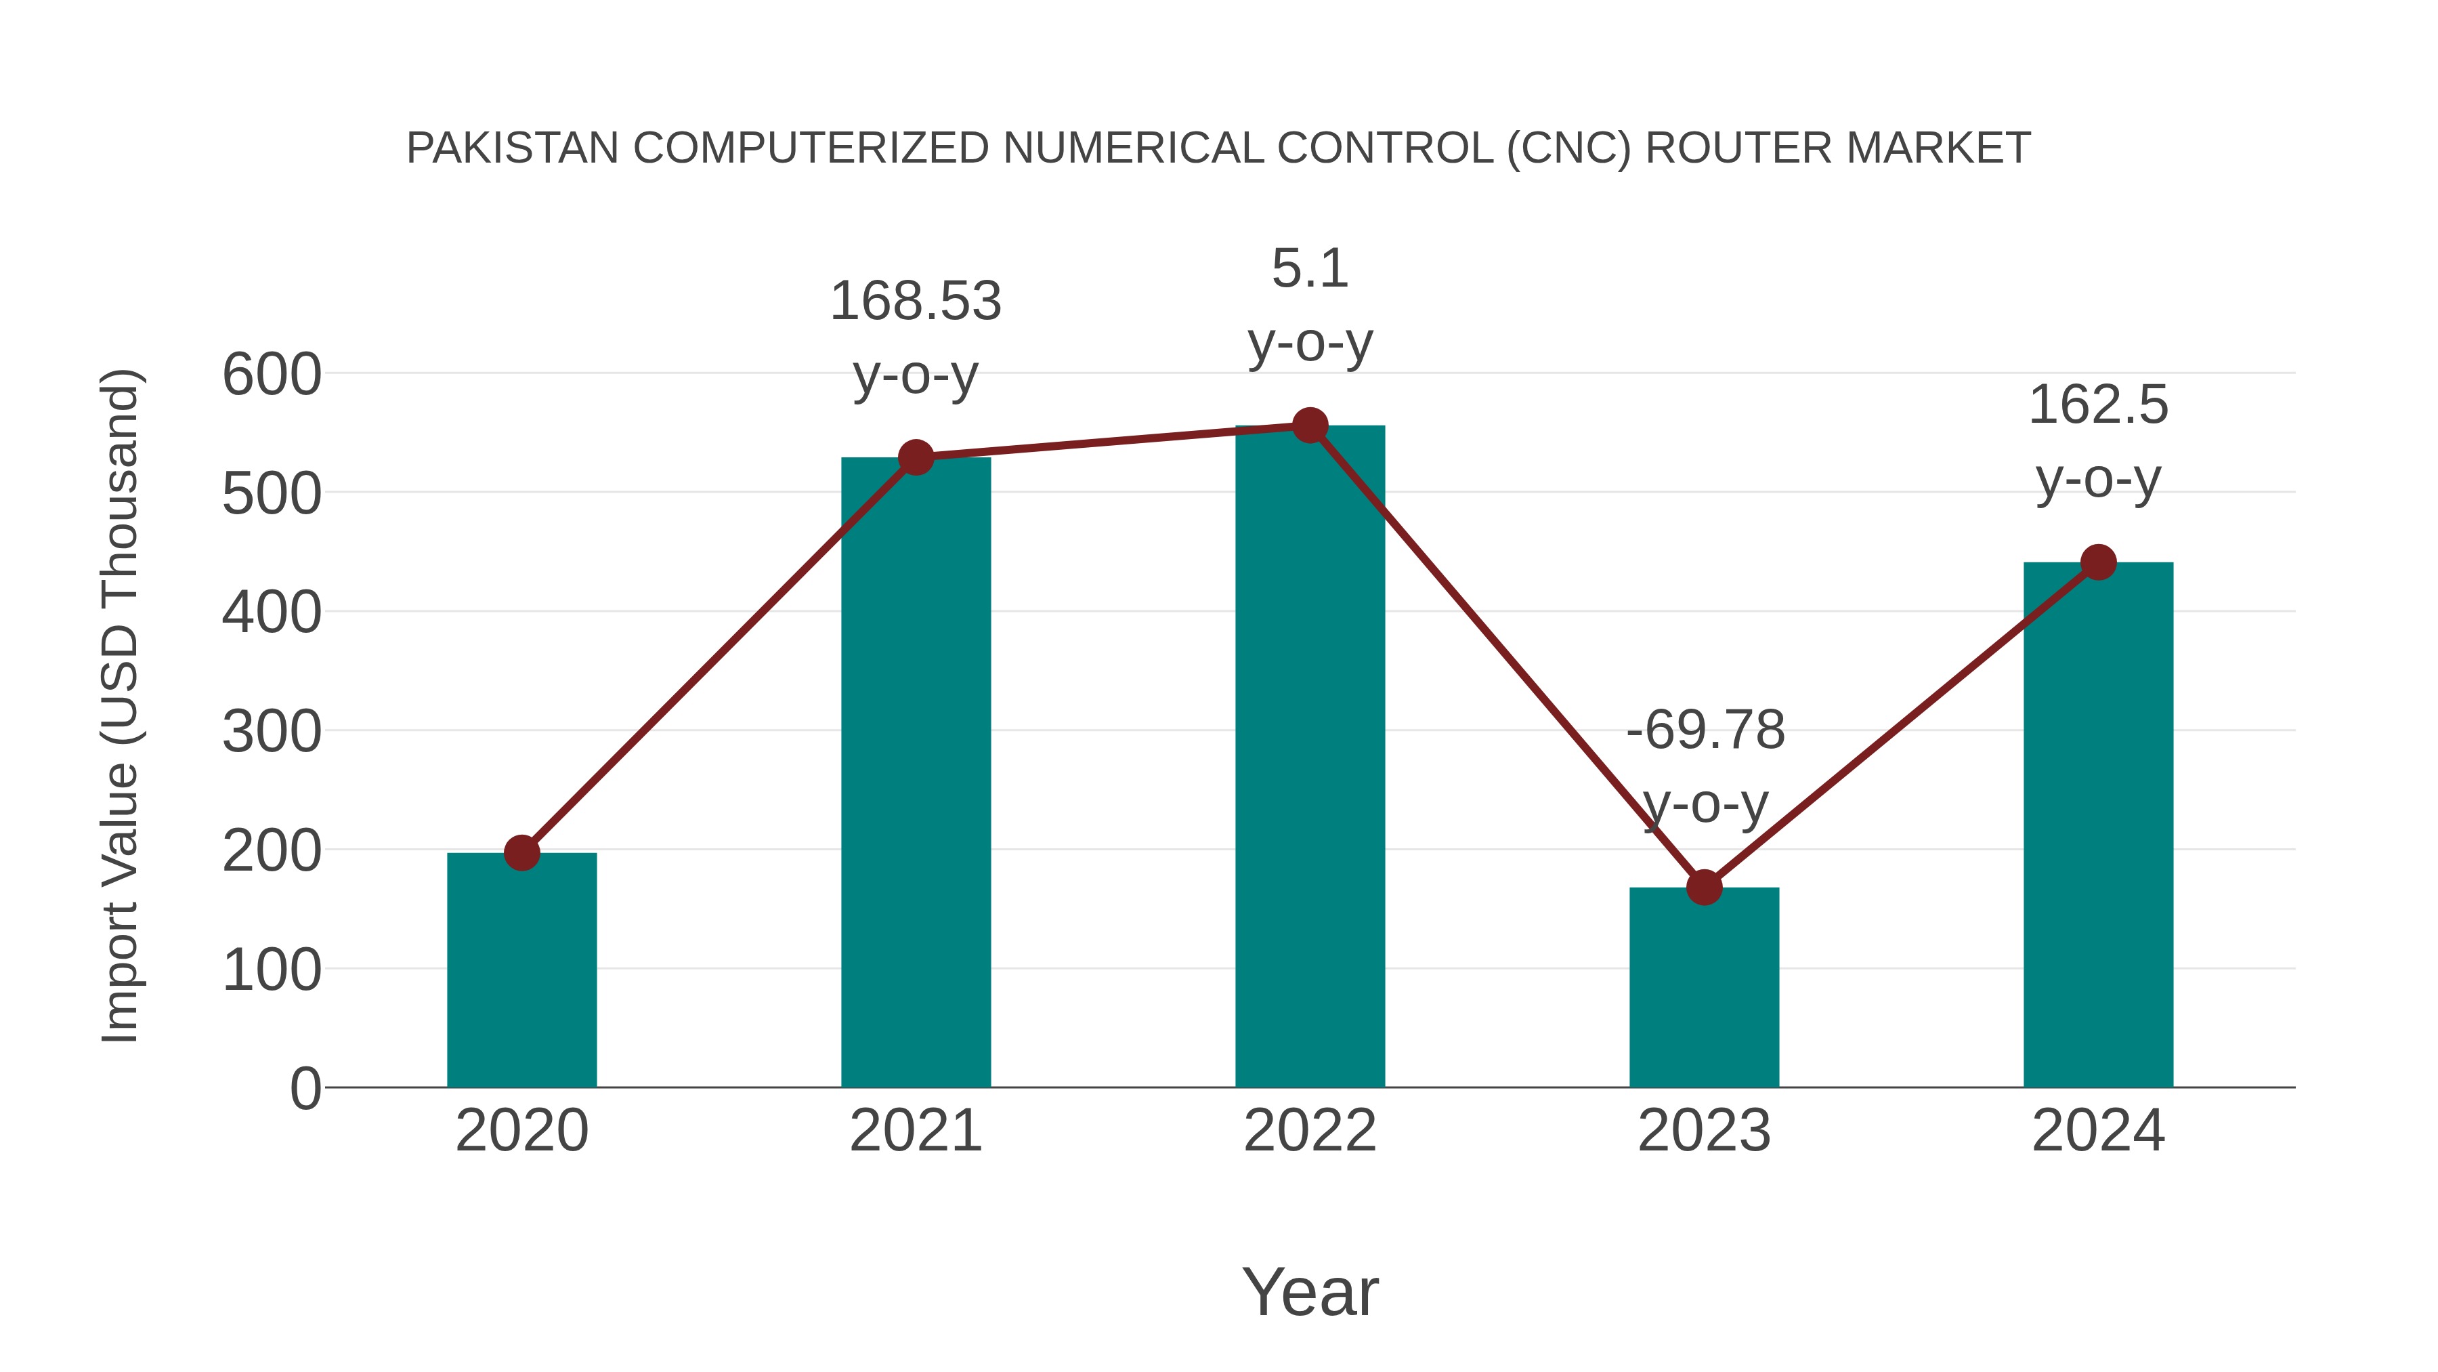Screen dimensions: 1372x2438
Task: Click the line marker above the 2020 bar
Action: [x=521, y=853]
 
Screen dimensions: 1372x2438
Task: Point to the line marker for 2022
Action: [x=1310, y=426]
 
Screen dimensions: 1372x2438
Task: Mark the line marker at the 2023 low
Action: [x=1704, y=887]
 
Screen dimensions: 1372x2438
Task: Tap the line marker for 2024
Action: [x=2098, y=562]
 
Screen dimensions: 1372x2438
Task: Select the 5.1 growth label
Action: [x=1310, y=269]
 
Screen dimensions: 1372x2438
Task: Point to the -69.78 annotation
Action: [x=1705, y=731]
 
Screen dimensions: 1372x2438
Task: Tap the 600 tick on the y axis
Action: [x=272, y=375]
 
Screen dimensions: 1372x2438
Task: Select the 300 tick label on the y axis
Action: [x=272, y=732]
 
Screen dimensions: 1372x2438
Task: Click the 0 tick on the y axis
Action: [x=305, y=1089]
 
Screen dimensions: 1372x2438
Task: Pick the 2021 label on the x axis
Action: [x=915, y=1131]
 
